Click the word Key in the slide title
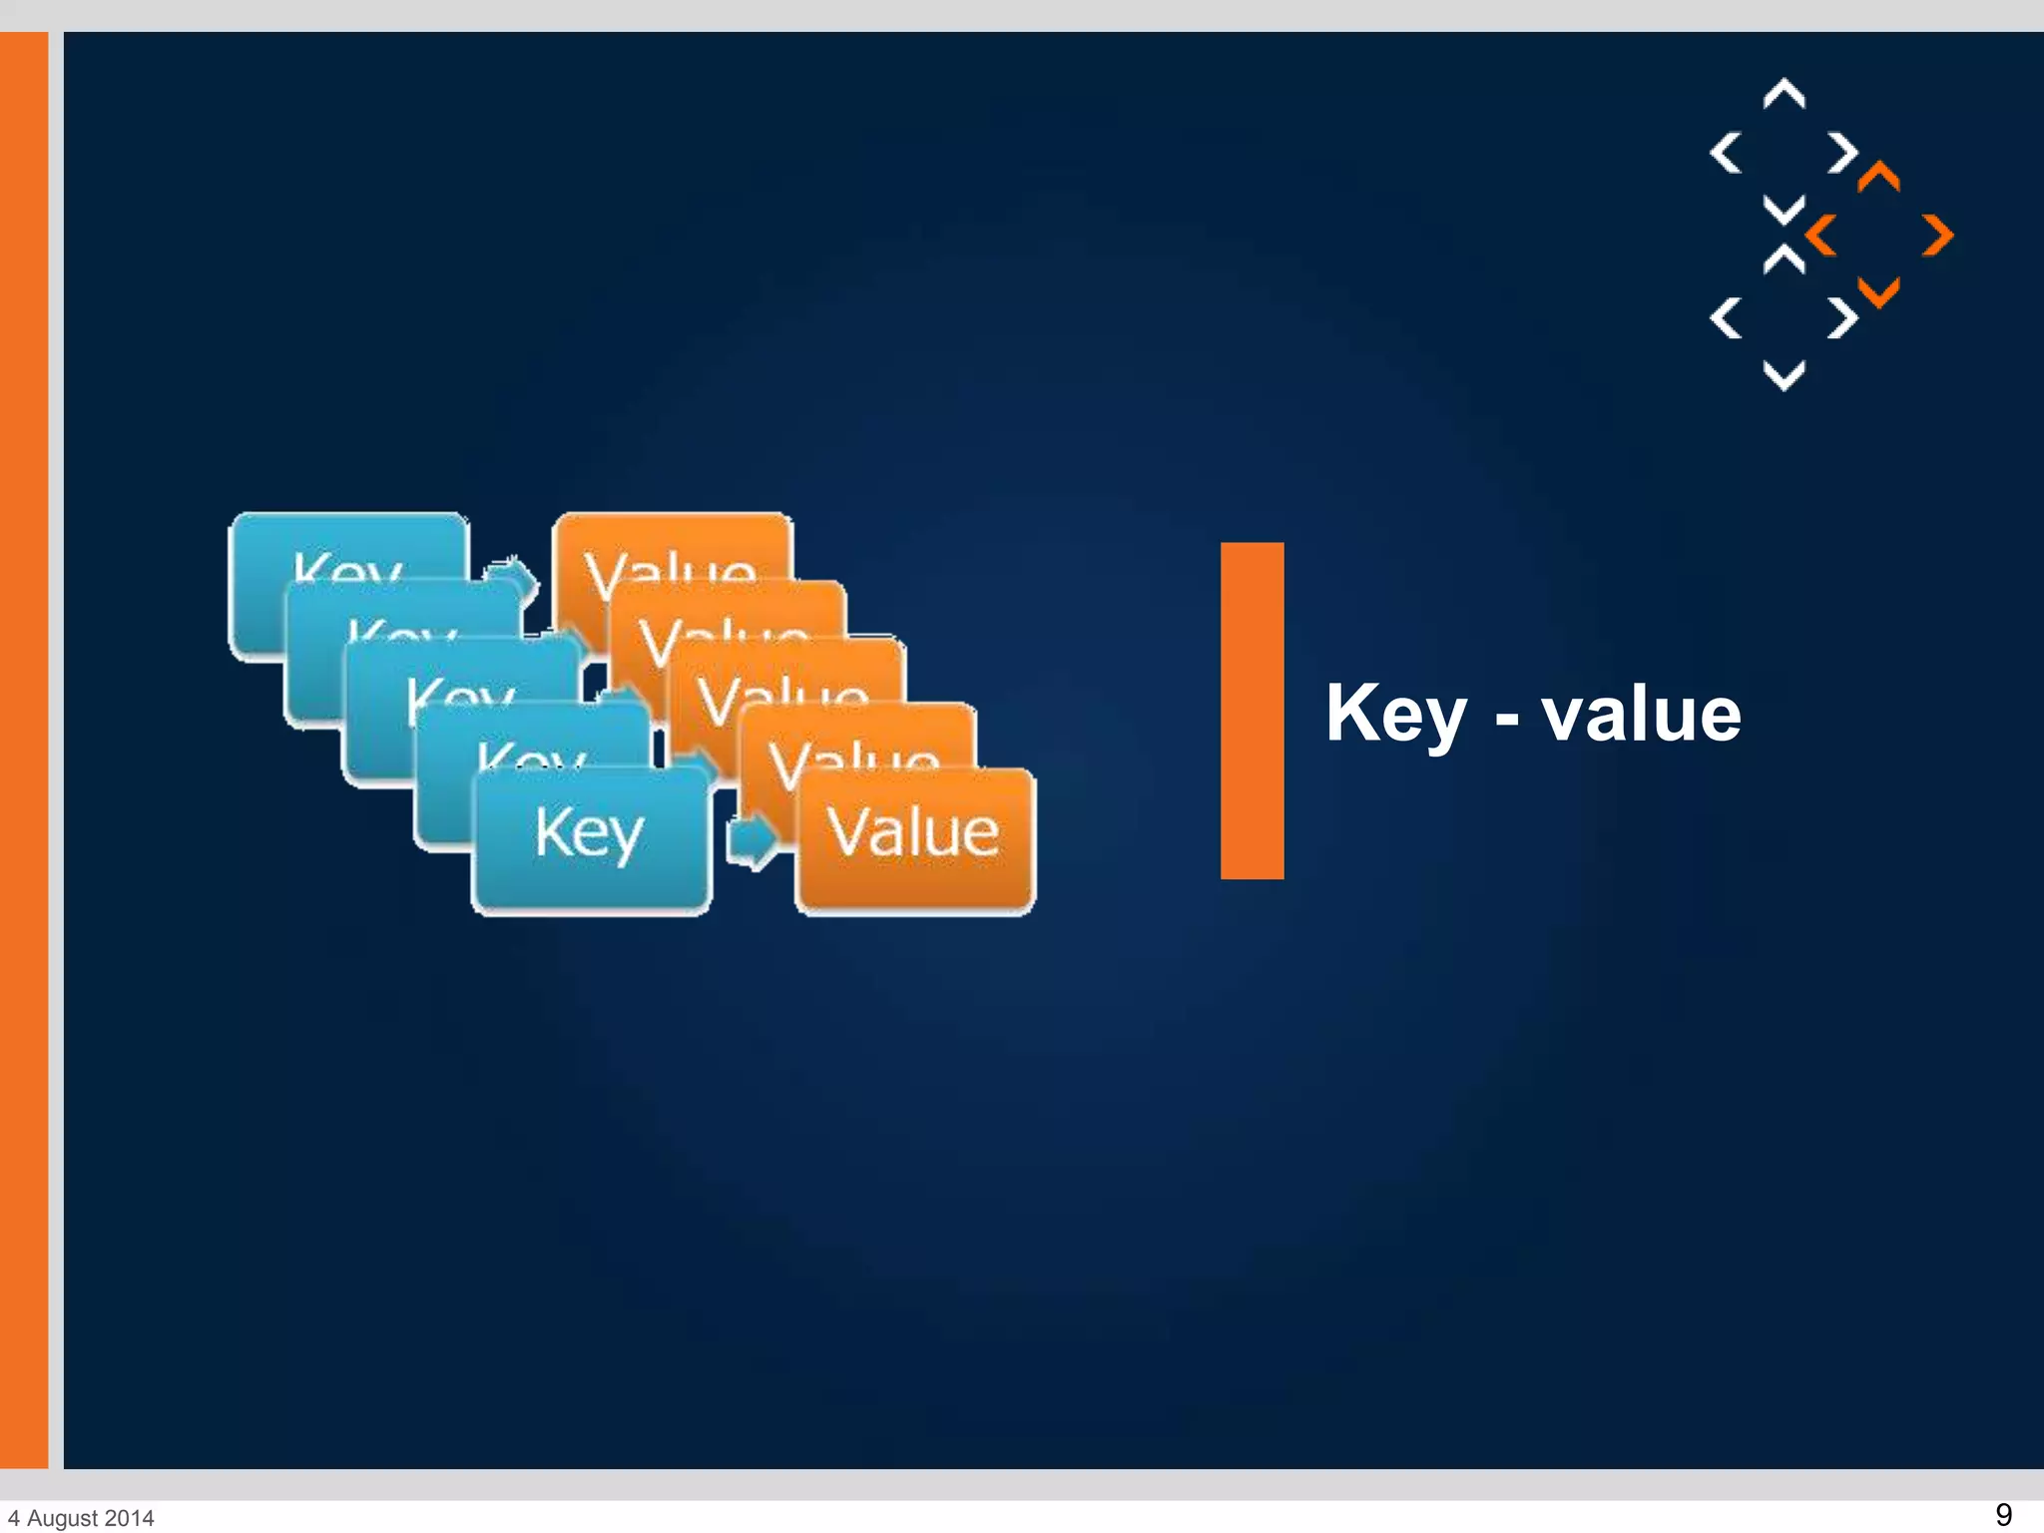point(1395,715)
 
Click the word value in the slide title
point(1641,715)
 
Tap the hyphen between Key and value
point(1507,718)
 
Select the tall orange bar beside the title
point(1252,711)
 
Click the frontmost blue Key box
point(591,838)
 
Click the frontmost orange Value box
point(914,838)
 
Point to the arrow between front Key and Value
point(752,839)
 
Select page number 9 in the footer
point(2003,1514)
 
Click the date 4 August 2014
point(82,1518)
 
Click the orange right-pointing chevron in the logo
point(1938,236)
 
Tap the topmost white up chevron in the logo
point(1784,93)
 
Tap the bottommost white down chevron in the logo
point(1784,376)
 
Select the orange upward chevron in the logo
point(1878,177)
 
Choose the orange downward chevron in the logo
point(1878,293)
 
